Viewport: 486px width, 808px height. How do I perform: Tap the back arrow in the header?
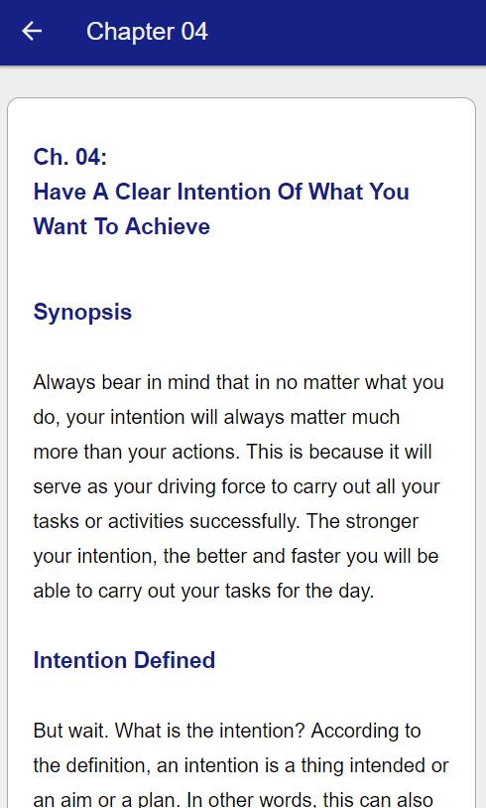32,32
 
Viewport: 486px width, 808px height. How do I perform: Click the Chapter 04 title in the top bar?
147,32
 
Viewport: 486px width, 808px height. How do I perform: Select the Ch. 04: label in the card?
70,157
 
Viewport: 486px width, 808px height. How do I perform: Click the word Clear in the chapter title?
142,192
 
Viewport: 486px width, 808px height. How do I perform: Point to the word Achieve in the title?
168,226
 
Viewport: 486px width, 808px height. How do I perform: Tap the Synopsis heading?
82,313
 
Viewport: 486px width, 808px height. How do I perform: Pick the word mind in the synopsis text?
188,382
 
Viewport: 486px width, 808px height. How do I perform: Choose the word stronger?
382,521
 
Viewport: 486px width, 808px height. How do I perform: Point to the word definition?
108,765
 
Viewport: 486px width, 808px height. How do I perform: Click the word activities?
146,521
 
